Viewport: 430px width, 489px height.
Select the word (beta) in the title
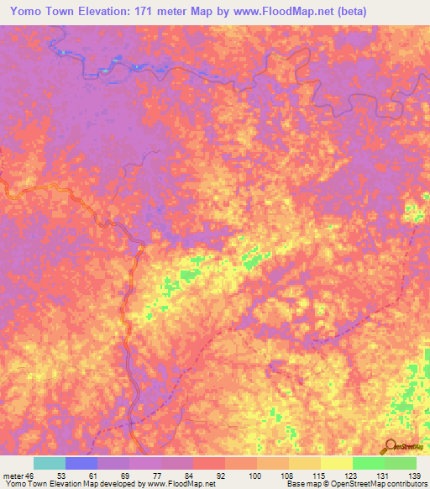[x=398, y=9]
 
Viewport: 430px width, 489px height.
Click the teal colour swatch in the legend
[x=50, y=463]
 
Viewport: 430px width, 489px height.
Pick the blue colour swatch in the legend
[x=81, y=463]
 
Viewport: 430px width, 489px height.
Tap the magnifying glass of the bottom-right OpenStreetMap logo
[x=389, y=444]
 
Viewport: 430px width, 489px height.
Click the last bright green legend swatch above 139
[x=401, y=463]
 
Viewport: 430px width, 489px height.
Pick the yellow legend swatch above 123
[x=337, y=463]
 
